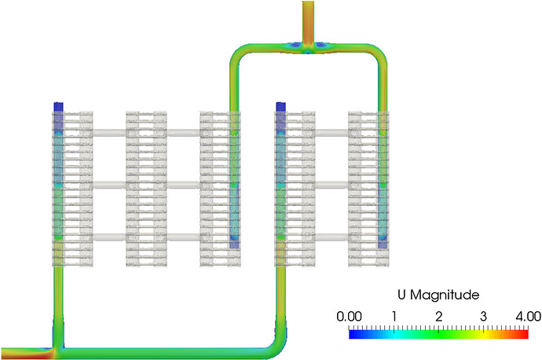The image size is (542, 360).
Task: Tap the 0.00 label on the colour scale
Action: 350,315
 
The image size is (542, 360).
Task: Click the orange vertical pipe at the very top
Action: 307,20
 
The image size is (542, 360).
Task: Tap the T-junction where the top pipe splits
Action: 307,47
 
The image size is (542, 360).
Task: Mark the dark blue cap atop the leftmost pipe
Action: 57,106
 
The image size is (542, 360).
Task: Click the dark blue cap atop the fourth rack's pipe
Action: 281,106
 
